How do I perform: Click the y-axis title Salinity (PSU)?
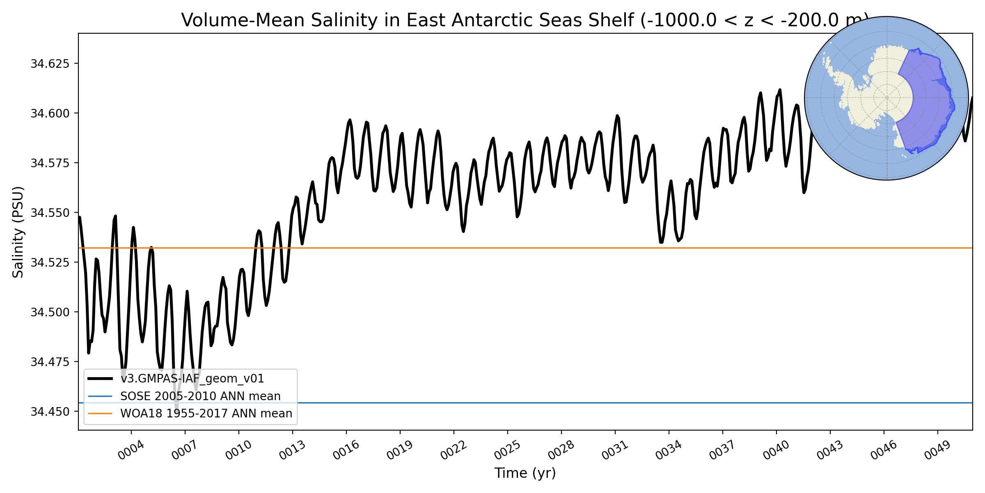tap(18, 232)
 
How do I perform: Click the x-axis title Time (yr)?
tap(525, 473)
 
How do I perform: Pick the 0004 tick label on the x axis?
tap(131, 451)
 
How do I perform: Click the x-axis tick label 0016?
tap(346, 451)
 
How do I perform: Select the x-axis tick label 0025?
tap(507, 451)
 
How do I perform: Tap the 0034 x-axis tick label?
tap(669, 451)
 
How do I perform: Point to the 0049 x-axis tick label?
tap(937, 451)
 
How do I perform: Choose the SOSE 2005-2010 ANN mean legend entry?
tap(200, 396)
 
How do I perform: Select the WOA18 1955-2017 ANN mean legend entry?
tap(206, 413)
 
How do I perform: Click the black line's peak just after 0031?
tap(617, 116)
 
